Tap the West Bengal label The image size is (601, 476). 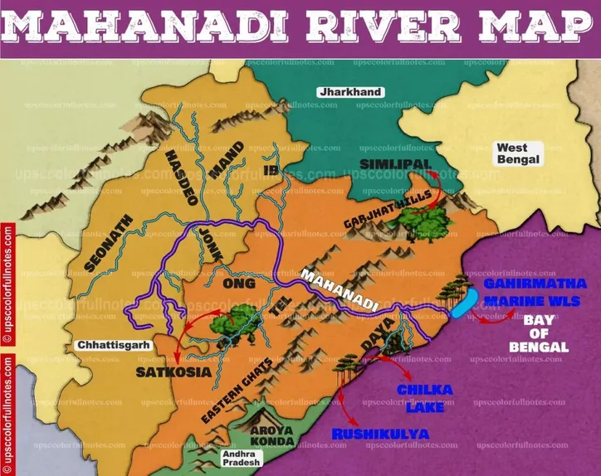click(517, 153)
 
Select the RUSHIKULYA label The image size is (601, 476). click(380, 434)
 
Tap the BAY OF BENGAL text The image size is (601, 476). click(545, 333)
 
